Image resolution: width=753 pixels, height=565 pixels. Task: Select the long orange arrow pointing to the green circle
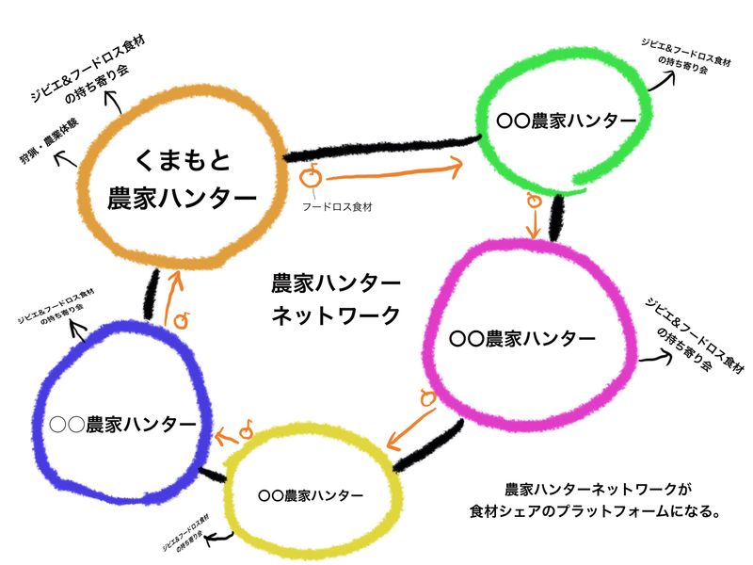pyautogui.click(x=395, y=171)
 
